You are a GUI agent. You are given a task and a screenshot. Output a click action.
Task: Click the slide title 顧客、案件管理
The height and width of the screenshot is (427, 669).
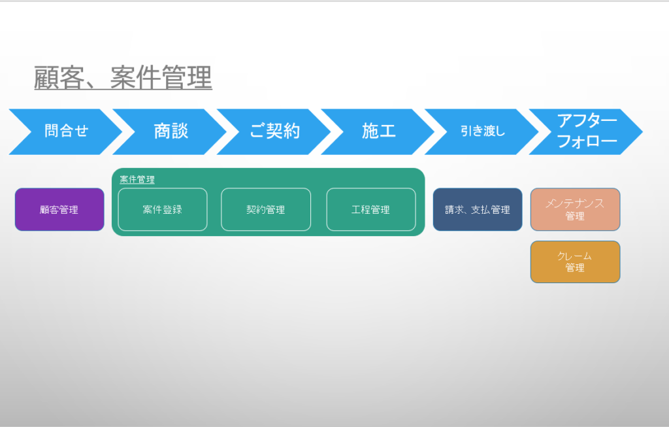tap(123, 77)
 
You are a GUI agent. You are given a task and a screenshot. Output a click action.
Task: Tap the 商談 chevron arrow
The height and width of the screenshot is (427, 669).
tap(169, 131)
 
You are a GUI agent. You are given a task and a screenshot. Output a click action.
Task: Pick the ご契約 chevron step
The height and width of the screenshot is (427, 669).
tap(274, 131)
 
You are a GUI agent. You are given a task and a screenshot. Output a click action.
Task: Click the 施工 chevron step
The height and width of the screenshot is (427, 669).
tap(378, 131)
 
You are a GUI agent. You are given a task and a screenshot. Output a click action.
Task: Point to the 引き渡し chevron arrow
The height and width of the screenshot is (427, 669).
tap(481, 131)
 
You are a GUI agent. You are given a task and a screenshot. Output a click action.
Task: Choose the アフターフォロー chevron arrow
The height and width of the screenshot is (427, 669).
tap(586, 131)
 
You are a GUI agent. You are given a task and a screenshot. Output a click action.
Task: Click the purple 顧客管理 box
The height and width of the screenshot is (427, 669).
tap(59, 209)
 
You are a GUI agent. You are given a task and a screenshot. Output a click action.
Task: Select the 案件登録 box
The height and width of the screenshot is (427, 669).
tap(163, 209)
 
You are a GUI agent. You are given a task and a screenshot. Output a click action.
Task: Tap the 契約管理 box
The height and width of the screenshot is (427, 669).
tap(266, 209)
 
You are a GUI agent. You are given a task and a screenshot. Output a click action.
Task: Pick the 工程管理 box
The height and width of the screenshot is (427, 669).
tap(371, 209)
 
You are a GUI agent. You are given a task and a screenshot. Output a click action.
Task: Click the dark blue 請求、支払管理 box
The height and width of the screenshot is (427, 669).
tap(478, 209)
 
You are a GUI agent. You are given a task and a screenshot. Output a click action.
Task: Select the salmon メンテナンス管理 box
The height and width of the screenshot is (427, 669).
tap(575, 209)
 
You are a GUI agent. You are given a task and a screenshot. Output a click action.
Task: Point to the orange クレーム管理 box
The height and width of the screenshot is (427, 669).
tap(575, 262)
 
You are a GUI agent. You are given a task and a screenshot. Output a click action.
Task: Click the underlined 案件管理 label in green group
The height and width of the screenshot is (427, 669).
tap(137, 179)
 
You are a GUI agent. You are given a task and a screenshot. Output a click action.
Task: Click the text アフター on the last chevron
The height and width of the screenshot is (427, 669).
tap(587, 120)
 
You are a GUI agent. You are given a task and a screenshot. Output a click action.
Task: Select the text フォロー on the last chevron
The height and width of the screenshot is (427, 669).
tap(587, 141)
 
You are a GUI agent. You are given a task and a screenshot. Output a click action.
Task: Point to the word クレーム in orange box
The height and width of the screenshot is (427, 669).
tap(574, 256)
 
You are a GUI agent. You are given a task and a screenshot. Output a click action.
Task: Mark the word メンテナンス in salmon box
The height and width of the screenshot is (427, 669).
tap(575, 203)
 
